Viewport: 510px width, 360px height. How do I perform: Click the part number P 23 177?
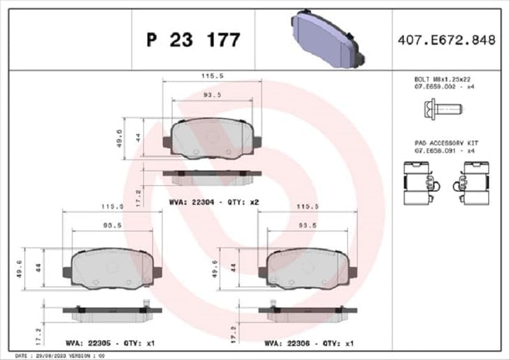click(193, 40)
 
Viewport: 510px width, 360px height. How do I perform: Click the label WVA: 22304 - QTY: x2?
click(214, 202)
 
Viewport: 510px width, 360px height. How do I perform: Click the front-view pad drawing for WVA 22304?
click(212, 137)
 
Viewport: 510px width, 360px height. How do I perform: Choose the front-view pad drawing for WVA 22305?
click(112, 268)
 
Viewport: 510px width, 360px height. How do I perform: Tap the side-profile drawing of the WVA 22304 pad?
click(212, 173)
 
